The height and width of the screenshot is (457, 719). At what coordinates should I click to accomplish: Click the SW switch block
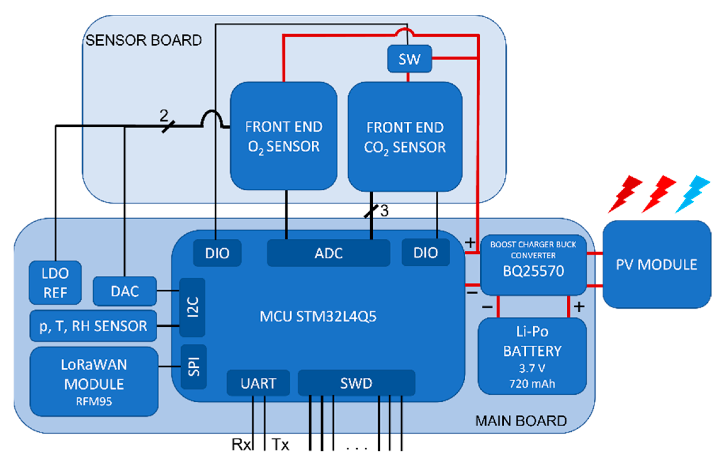(409, 59)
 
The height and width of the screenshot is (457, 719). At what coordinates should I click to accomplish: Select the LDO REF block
(55, 282)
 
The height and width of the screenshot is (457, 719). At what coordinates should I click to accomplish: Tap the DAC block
(125, 291)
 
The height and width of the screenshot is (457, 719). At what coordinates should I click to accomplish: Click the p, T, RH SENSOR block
(93, 326)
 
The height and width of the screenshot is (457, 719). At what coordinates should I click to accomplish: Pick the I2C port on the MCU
(192, 307)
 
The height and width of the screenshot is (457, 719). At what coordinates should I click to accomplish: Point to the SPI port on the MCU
(194, 366)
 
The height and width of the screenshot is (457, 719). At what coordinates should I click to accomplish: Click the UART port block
(258, 383)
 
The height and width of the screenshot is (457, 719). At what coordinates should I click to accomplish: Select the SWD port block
(356, 383)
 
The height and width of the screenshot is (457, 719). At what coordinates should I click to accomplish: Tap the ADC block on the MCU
(328, 253)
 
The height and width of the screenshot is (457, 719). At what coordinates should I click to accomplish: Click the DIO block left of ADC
(217, 253)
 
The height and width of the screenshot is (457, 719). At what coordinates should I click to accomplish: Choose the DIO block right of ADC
(425, 252)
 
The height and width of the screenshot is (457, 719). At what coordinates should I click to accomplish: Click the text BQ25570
(533, 271)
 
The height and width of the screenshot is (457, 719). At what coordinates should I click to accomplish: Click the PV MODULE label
(656, 265)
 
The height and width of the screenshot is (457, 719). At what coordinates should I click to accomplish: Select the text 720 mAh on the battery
(532, 384)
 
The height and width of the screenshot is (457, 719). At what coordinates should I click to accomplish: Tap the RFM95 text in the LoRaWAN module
(94, 401)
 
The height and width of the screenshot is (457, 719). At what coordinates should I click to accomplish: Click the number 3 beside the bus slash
(384, 211)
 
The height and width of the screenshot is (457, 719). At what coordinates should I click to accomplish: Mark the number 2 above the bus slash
(164, 115)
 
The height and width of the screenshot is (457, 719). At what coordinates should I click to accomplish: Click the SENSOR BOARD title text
(144, 40)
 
